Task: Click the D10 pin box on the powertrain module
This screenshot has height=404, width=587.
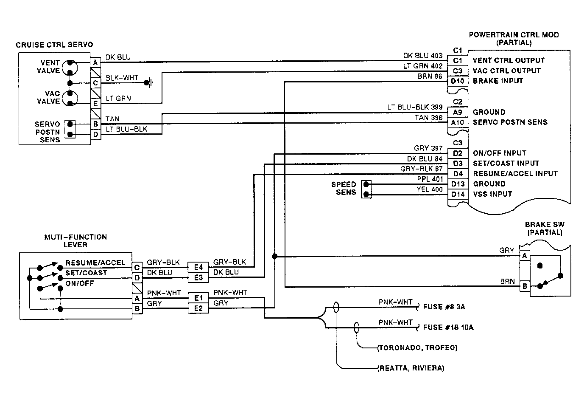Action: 457,81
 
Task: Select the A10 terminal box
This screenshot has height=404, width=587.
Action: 457,123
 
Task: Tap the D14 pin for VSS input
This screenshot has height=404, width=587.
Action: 458,195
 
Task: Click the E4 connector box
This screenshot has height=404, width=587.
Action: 198,267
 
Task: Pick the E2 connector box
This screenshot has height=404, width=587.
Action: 198,308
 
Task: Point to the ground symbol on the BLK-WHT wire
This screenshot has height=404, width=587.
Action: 149,83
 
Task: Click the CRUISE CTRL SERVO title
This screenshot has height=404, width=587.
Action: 54,45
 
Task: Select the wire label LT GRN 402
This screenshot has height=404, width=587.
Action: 423,66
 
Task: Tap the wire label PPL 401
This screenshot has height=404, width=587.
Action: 430,179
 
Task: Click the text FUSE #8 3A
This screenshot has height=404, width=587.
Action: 444,307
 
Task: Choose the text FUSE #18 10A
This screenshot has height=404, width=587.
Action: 448,328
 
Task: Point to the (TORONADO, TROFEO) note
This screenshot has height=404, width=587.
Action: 417,348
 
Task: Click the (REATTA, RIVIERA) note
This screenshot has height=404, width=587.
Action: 411,368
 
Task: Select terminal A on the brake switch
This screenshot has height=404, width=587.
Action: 525,256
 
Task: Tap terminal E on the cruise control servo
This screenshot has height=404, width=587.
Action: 95,104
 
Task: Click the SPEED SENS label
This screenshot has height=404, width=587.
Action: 344,188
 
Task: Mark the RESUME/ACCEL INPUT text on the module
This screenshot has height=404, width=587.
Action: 515,174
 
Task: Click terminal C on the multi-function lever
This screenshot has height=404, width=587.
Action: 137,268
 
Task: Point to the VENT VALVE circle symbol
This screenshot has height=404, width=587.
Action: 70,68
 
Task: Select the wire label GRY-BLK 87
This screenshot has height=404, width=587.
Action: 422,169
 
